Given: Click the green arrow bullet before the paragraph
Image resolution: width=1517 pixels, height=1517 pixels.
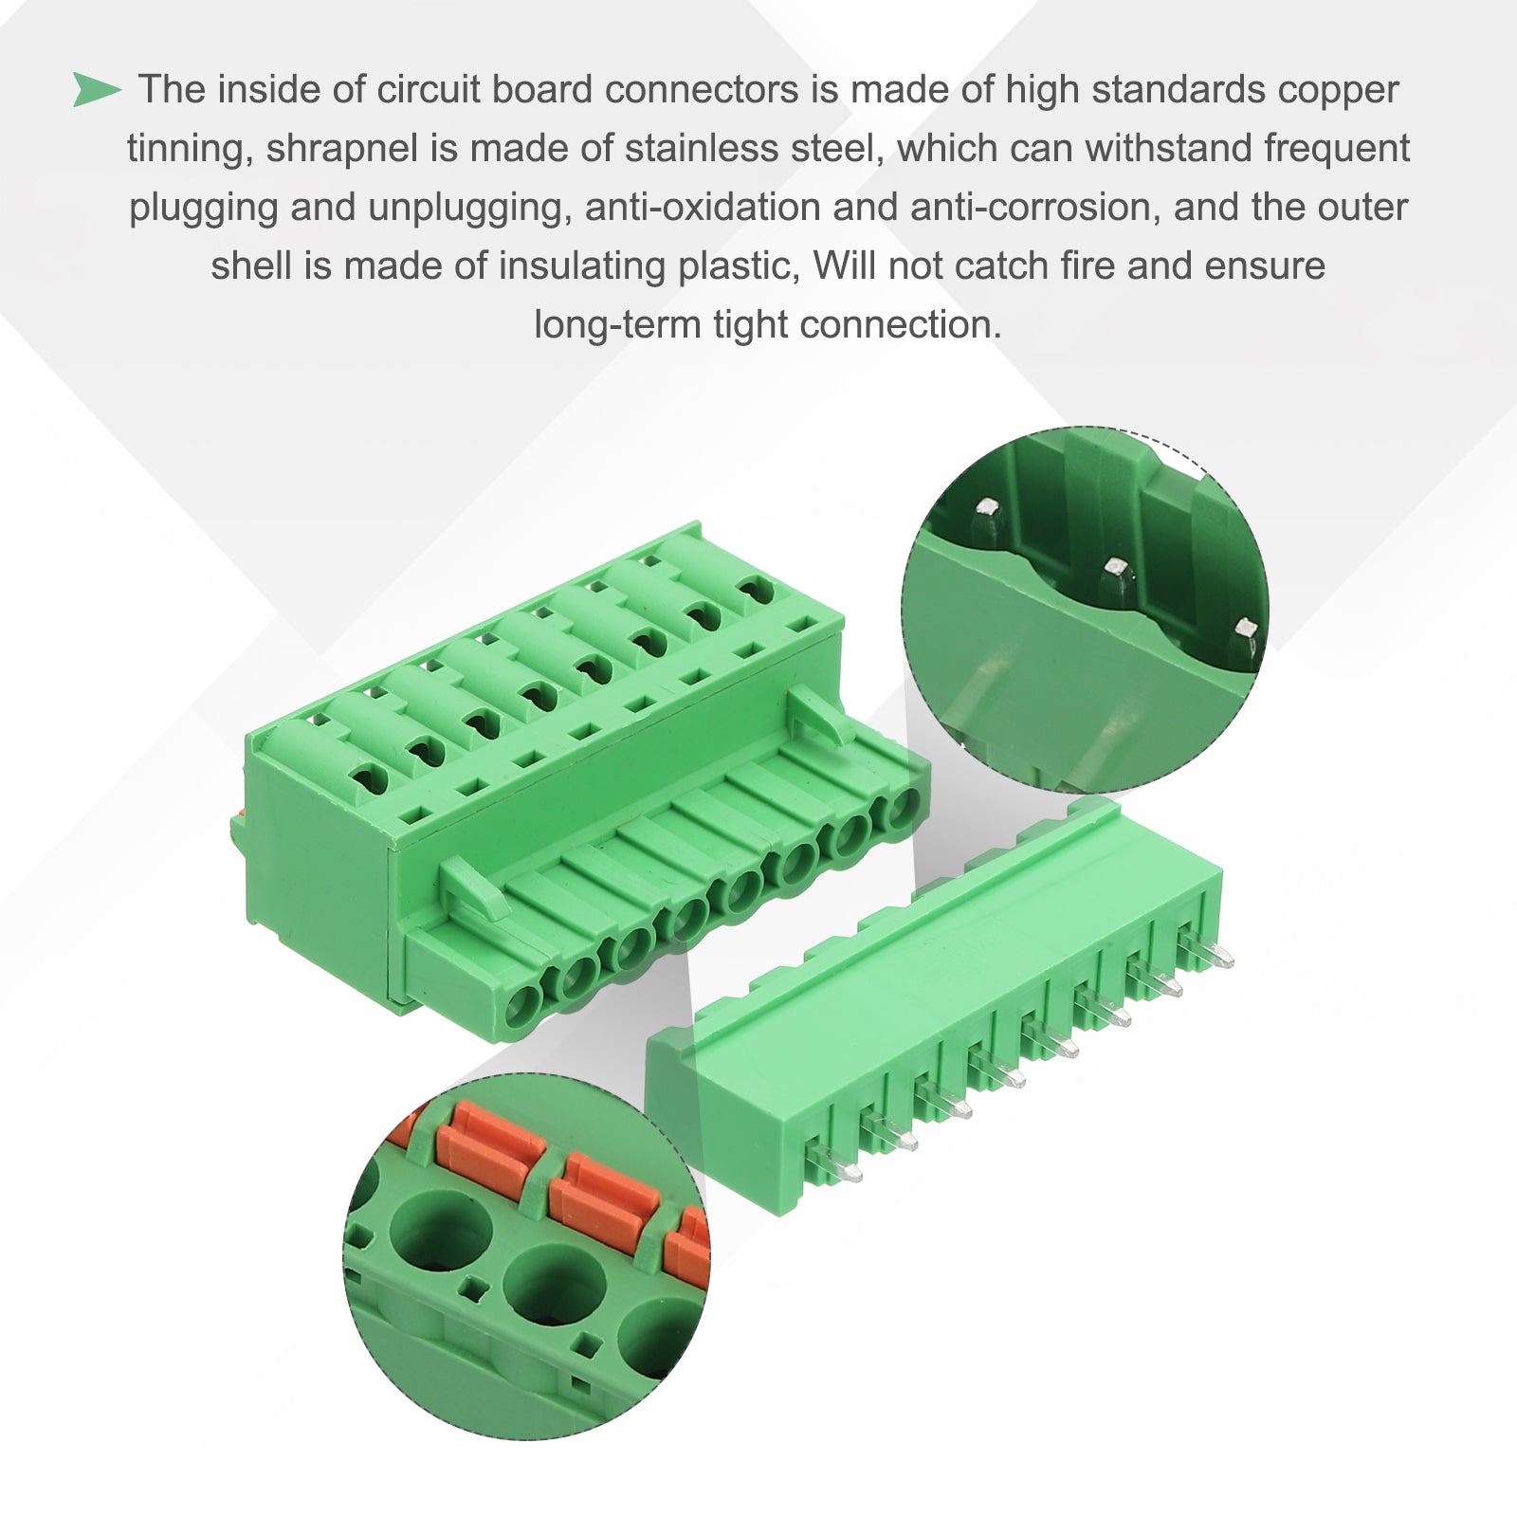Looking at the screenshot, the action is pyautogui.click(x=97, y=90).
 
